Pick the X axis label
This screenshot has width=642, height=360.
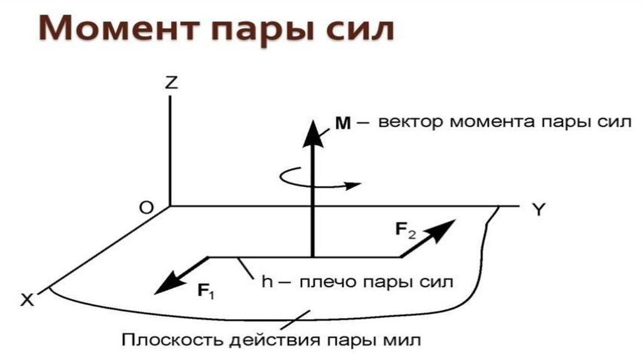tap(26, 300)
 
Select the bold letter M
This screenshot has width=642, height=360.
tap(342, 123)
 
